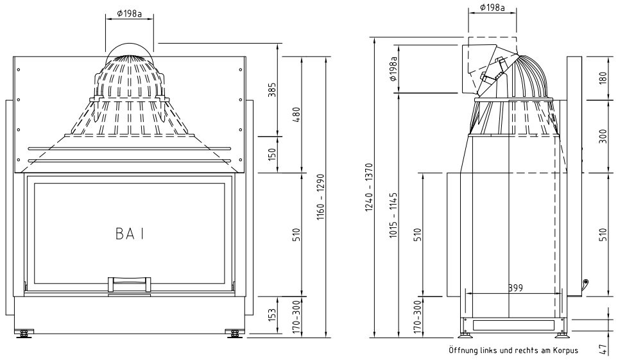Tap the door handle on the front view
pyautogui.click(x=130, y=283)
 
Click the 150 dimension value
pyautogui.click(x=271, y=154)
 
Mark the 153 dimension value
pyautogui.click(x=271, y=315)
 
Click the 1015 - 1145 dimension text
pyautogui.click(x=393, y=215)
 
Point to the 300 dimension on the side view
pyautogui.click(x=603, y=135)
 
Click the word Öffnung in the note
pyautogui.click(x=467, y=350)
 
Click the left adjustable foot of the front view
pyautogui.click(x=25, y=333)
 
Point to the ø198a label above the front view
pyautogui.click(x=130, y=13)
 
